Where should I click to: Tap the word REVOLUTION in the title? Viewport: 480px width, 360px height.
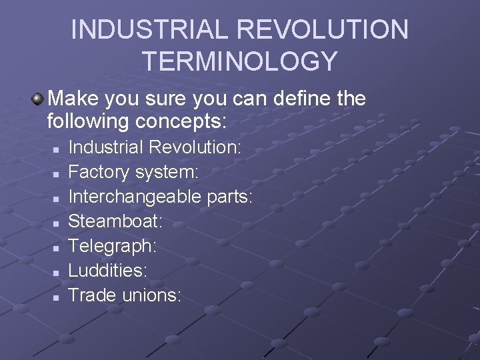point(323,29)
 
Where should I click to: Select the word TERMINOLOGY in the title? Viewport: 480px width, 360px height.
point(240,61)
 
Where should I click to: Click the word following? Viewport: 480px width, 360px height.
point(89,122)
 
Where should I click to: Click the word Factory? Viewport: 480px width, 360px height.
point(100,172)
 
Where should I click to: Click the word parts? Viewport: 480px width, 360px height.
point(233,197)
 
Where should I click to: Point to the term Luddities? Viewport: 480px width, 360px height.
point(108,270)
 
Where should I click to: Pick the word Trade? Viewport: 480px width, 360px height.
point(93,295)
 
